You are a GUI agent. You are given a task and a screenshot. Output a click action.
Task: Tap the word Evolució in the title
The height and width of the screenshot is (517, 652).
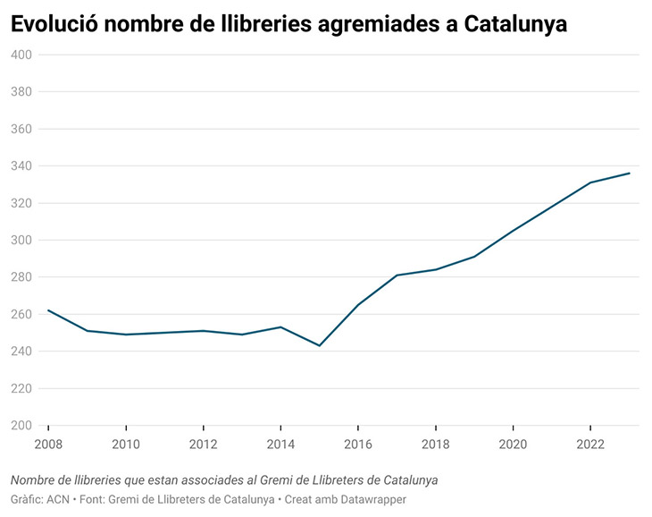tap(53, 24)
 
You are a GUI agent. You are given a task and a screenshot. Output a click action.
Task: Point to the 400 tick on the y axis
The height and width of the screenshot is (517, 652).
tap(21, 55)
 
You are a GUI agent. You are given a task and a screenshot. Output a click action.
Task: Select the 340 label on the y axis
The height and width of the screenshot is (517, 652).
tap(21, 165)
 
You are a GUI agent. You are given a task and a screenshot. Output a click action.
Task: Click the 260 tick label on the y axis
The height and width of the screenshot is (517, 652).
tap(21, 314)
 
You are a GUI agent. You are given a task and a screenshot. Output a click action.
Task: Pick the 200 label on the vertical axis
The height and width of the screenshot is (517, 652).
tap(21, 426)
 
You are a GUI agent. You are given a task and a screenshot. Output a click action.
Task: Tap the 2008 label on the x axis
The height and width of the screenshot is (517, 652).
tap(48, 445)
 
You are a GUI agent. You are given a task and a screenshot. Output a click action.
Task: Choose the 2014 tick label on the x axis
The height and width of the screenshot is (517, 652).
tap(280, 445)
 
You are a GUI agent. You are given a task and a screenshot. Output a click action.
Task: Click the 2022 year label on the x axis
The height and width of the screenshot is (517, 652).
tap(590, 445)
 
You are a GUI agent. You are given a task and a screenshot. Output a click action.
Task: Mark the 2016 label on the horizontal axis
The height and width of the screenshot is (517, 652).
tap(358, 445)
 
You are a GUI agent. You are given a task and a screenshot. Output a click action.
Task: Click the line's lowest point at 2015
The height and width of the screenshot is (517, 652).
tap(319, 345)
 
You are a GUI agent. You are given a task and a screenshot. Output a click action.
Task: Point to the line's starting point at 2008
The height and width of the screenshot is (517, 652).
tap(48, 310)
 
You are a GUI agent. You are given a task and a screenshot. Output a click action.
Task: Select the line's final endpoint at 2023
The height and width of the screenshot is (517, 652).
tap(630, 174)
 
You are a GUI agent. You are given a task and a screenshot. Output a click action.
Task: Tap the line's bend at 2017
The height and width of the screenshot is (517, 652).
tap(397, 275)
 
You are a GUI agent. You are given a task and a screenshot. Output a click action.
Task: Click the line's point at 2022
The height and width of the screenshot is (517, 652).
tap(590, 182)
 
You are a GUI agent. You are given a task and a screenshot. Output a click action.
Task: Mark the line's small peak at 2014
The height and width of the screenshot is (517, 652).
tap(280, 326)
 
